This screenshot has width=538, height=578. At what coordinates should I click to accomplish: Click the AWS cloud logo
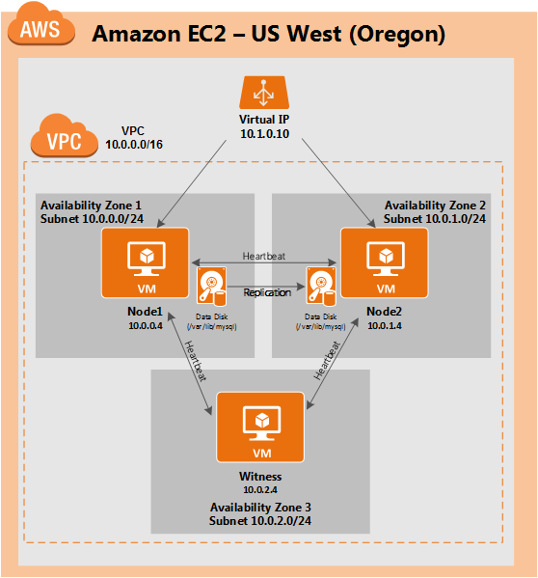[40, 28]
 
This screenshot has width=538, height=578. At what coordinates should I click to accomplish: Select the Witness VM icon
[259, 428]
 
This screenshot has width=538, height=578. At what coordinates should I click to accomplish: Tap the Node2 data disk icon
[321, 288]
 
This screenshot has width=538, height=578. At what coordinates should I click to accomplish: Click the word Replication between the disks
[266, 291]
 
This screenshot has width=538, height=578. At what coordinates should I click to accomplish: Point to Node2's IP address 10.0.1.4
[385, 326]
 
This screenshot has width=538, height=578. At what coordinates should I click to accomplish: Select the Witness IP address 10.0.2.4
[259, 490]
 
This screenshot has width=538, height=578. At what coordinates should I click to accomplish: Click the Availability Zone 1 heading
[91, 206]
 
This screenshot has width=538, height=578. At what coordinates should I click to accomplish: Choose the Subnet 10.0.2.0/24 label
[259, 520]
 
